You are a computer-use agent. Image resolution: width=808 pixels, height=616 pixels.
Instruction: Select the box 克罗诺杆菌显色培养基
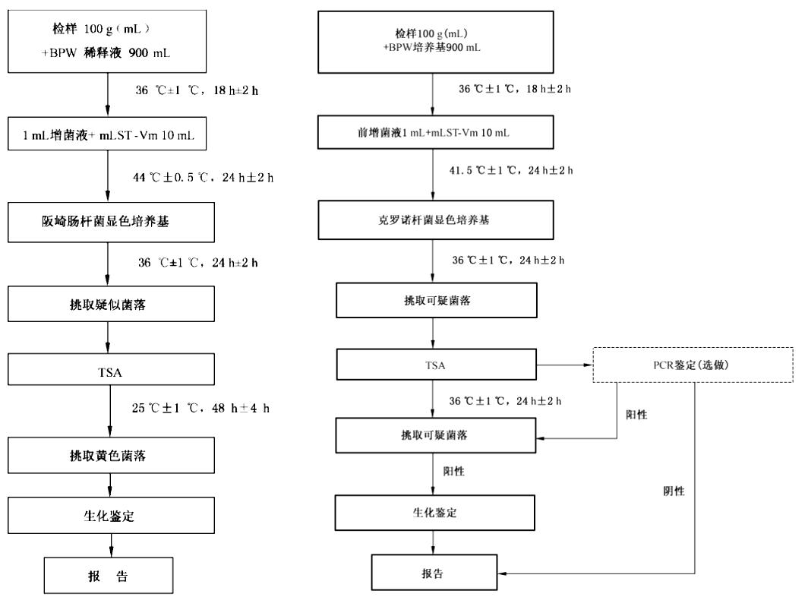pos(433,220)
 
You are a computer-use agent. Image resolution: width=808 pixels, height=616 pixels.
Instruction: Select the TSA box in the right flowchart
pos(436,365)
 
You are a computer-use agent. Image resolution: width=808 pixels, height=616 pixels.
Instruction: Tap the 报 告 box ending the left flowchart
pos(108,576)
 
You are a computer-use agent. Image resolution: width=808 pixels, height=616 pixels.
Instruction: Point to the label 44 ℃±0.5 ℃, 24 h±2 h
pos(203,178)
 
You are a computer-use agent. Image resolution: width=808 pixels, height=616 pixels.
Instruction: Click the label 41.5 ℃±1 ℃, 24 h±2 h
pos(514,170)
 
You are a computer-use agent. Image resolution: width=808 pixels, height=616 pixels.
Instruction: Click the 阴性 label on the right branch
pos(674,491)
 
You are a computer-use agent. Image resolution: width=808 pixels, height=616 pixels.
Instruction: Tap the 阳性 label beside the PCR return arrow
pos(636,415)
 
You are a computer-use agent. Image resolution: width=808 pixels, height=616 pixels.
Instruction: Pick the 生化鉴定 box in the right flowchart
pos(433,513)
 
